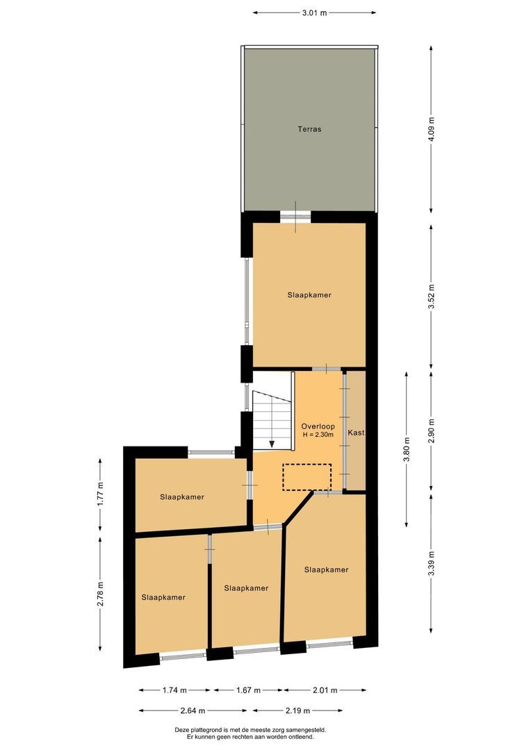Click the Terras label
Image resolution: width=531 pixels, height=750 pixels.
309,129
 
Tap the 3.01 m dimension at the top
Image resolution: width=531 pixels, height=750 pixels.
315,12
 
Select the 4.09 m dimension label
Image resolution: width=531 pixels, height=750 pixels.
432,129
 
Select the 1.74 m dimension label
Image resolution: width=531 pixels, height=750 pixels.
174,690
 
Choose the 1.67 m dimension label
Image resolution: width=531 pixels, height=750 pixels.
248,690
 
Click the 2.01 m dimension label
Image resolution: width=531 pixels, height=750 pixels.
325,690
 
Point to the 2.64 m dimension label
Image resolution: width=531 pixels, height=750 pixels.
196,710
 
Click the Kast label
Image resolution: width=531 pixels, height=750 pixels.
356,433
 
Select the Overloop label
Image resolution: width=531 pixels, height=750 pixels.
318,426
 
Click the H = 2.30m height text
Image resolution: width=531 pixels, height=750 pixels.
318,435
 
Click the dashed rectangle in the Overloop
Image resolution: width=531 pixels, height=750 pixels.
307,477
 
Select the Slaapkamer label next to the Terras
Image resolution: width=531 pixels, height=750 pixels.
309,295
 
